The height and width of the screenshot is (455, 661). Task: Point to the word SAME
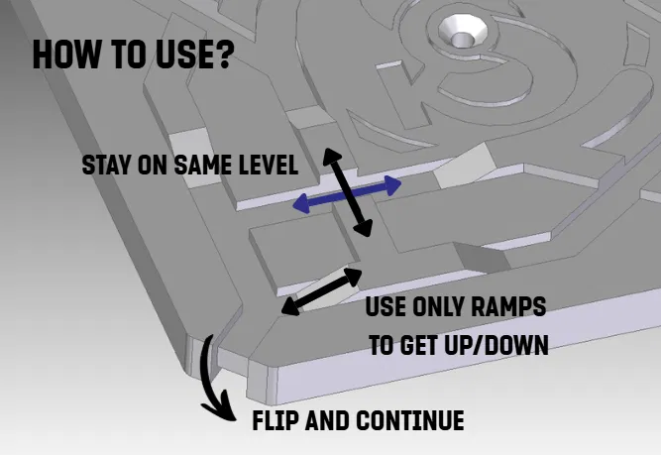coord(203,165)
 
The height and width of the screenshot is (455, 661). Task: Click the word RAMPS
coord(508,306)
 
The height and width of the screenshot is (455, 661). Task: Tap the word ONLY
coord(438,306)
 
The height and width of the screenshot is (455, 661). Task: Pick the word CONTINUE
coord(409,420)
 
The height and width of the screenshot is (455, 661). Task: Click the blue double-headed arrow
coord(347,194)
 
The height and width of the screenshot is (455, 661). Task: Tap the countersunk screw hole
coord(463,33)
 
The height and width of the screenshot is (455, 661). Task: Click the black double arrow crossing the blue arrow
coord(348,192)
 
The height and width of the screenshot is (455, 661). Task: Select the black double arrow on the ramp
coord(322,291)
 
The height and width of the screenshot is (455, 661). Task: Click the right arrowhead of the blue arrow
coord(392,185)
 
